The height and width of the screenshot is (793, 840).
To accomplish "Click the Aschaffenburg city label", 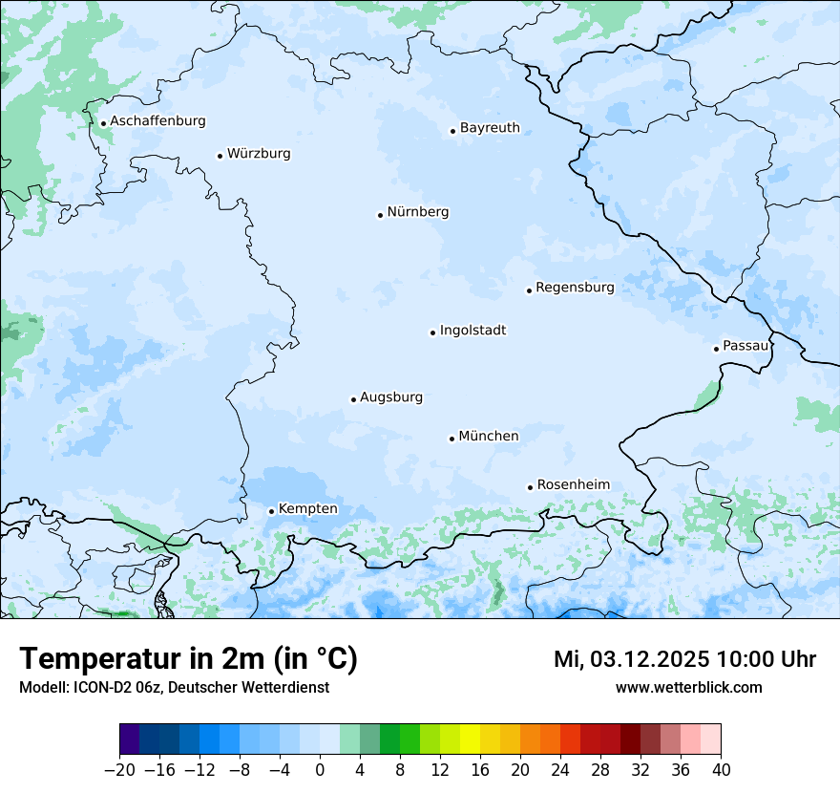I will tap(157, 121).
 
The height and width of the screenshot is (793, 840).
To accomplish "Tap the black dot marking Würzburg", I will tap(220, 156).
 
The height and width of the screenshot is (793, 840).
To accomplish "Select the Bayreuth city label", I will tap(490, 128).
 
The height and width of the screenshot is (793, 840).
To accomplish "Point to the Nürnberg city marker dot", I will tap(380, 215).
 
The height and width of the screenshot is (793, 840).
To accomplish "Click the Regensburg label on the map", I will tap(575, 288).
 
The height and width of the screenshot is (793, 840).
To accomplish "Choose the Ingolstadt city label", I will tap(472, 331).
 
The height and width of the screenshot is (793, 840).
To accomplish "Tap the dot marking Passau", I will tap(716, 349).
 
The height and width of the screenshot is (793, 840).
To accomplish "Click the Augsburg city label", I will tap(391, 397).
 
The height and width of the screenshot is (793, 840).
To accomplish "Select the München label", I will tap(489, 437).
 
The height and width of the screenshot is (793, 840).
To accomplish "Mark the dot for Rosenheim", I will tap(530, 487).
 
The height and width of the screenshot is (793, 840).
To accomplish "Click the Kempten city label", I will tap(307, 509).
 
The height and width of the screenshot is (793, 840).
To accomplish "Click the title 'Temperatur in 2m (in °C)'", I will tap(188, 658).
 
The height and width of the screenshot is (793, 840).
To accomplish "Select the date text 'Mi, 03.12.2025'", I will tap(630, 659).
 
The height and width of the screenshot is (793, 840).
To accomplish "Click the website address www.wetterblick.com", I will tap(688, 688).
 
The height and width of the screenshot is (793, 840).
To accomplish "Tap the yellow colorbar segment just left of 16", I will tap(470, 739).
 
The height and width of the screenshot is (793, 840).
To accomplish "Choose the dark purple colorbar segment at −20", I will tap(130, 739).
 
